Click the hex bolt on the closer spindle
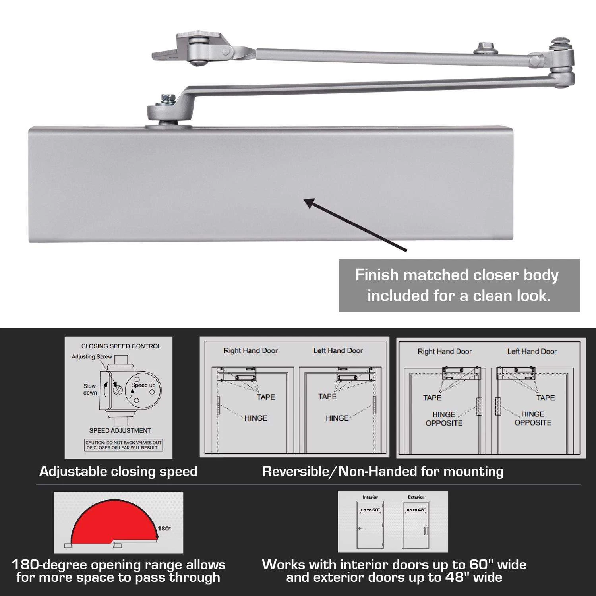click(166, 98)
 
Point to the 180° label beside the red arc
click(164, 528)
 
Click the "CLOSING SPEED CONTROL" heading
click(121, 346)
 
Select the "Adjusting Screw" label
click(92, 357)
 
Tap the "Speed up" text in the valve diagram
click(143, 385)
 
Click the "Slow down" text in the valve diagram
click(90, 389)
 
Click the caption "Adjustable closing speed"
click(118, 472)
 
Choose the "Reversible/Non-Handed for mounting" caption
click(383, 472)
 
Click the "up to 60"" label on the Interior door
click(370, 510)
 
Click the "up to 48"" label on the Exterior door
click(416, 510)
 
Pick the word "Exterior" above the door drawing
click(416, 497)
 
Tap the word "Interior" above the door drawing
click(370, 497)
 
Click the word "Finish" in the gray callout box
click(376, 275)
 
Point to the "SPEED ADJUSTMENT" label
click(120, 431)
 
